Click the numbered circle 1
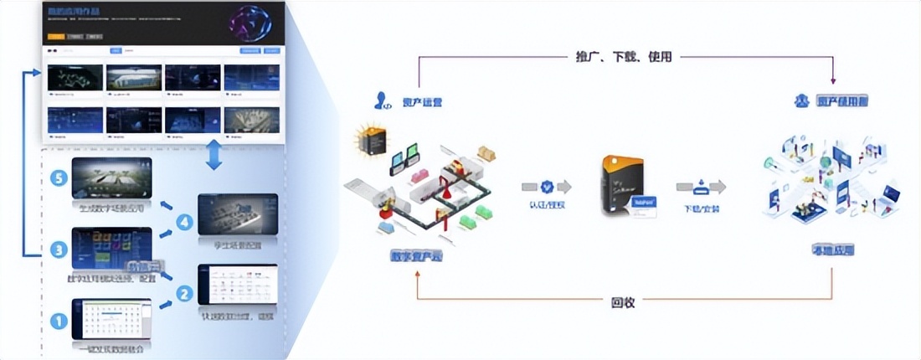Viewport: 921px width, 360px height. (57, 319)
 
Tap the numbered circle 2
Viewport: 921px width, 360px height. (184, 294)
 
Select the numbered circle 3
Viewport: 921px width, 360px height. (57, 249)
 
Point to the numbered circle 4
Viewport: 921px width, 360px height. (184, 224)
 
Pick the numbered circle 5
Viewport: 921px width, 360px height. (57, 178)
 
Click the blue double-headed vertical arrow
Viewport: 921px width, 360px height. (214, 155)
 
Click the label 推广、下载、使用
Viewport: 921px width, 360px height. (624, 57)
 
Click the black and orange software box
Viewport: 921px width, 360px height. (625, 188)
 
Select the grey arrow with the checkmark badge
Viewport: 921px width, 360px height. (546, 187)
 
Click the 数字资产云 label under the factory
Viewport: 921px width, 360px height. (416, 256)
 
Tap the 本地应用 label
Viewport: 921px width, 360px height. (832, 249)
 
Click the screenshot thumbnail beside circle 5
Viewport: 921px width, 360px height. (111, 177)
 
